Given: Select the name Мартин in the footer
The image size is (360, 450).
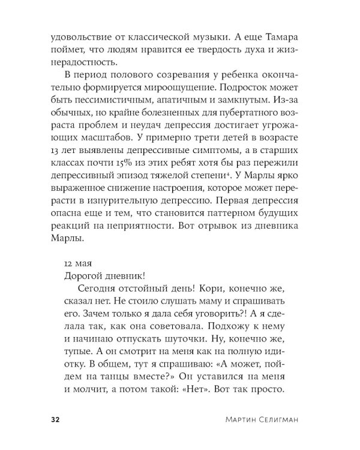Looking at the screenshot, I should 233,418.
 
